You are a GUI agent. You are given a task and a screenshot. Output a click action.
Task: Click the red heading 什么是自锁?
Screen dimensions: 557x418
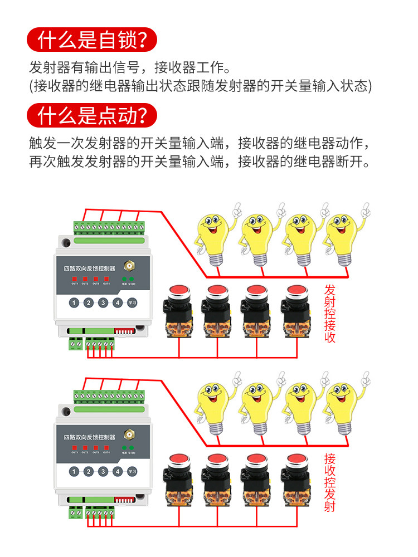click(93, 40)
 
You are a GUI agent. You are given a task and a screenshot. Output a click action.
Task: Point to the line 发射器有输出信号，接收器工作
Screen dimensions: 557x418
click(129, 69)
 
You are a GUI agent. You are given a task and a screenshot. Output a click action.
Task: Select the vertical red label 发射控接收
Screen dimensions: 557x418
click(330, 314)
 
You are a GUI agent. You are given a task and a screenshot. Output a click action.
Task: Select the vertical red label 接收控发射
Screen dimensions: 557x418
click(330, 482)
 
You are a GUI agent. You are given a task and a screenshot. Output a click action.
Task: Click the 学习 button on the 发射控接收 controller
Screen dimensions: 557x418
click(132, 303)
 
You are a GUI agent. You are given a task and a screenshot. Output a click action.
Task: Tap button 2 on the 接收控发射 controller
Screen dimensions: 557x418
click(88, 472)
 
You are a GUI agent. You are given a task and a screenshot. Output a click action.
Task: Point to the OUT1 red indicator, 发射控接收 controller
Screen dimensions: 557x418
click(75, 278)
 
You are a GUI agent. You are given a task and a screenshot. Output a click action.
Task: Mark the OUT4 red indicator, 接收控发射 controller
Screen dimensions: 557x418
click(106, 447)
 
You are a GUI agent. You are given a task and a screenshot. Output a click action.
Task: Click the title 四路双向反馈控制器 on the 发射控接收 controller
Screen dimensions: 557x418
click(90, 268)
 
